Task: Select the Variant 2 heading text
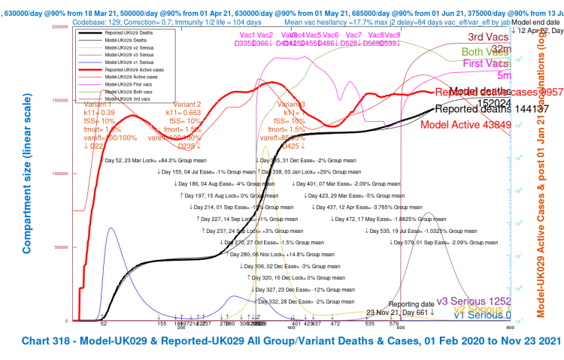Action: tap(187, 104)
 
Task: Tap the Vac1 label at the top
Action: tap(247, 35)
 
